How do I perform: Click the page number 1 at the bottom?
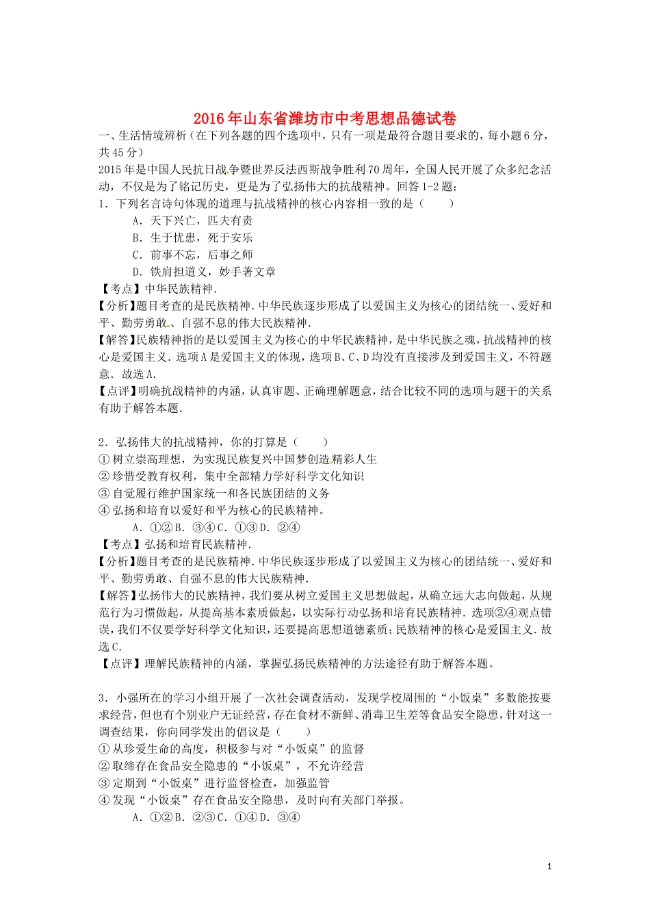549,867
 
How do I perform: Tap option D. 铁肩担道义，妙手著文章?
204,272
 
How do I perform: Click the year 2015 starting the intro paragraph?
109,170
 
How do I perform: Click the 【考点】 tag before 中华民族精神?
120,289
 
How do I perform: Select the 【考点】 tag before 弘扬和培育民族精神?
120,544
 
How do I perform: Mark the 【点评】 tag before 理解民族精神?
120,663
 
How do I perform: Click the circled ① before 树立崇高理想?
104,459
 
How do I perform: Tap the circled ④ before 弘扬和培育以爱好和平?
104,511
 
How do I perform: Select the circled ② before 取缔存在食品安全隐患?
104,766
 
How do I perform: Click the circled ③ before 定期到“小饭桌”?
104,783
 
